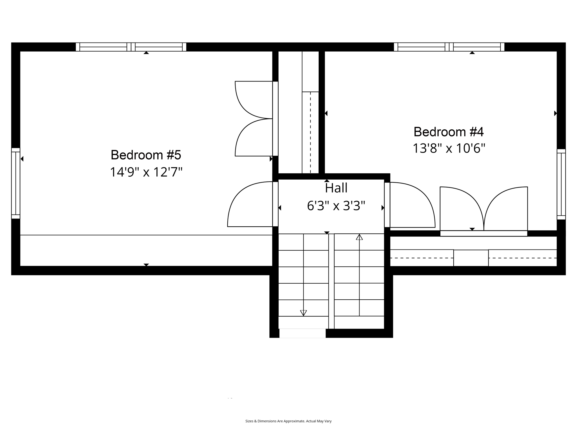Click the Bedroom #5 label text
pyautogui.click(x=146, y=155)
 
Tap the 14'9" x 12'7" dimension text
pyautogui.click(x=146, y=172)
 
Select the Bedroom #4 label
pyautogui.click(x=449, y=132)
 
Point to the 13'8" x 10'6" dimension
pyautogui.click(x=449, y=148)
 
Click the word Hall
pyautogui.click(x=336, y=188)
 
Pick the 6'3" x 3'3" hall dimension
pyautogui.click(x=336, y=206)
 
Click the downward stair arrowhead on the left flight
pyautogui.click(x=303, y=313)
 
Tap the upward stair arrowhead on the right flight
pyautogui.click(x=359, y=237)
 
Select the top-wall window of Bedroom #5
pyautogui.click(x=131, y=47)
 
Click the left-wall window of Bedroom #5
pyautogui.click(x=16, y=183)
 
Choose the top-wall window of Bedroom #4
pyautogui.click(x=449, y=47)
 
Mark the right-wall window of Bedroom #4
pyautogui.click(x=561, y=184)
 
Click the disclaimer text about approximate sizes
pyautogui.click(x=288, y=421)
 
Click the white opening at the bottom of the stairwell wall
pyautogui.click(x=302, y=333)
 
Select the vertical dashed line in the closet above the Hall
pyautogui.click(x=310, y=132)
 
